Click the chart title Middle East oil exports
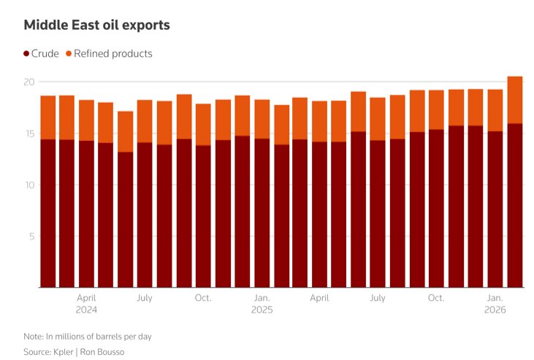96,26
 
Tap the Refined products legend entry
109,54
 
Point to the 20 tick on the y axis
28,82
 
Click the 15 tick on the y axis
28,134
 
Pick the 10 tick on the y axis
28,185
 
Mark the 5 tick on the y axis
31,237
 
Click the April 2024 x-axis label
86,303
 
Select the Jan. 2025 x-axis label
262,303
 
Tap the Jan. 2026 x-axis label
495,303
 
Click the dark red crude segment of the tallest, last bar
515,204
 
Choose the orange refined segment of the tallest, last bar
515,100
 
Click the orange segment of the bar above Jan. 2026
495,110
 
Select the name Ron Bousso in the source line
103,351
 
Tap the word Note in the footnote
33,336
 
